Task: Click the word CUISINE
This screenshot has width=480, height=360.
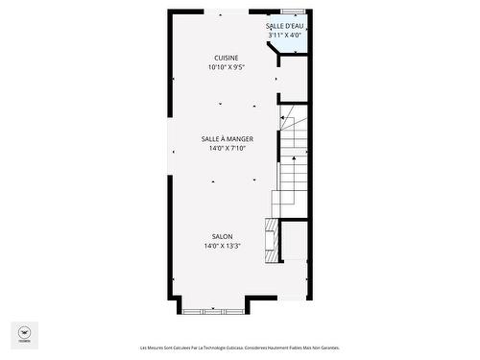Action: tap(227, 58)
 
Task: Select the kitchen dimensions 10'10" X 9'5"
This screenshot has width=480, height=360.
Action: tap(227, 68)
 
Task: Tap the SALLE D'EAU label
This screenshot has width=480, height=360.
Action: tap(285, 26)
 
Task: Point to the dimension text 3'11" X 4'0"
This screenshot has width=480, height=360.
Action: tap(285, 36)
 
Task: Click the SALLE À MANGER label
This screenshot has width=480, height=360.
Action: tap(228, 139)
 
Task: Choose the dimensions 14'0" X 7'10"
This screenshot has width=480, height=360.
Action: tap(228, 149)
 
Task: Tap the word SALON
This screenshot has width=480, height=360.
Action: tap(223, 236)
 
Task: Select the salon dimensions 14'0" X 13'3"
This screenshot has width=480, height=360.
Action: tap(223, 247)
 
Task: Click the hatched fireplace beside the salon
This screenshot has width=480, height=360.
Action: tap(273, 241)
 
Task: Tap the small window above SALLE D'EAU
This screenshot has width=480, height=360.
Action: tap(288, 12)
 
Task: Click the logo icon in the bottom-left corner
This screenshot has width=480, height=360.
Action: tap(23, 333)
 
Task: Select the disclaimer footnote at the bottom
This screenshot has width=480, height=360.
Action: tap(239, 348)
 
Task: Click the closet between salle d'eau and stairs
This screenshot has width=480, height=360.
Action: tap(293, 76)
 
